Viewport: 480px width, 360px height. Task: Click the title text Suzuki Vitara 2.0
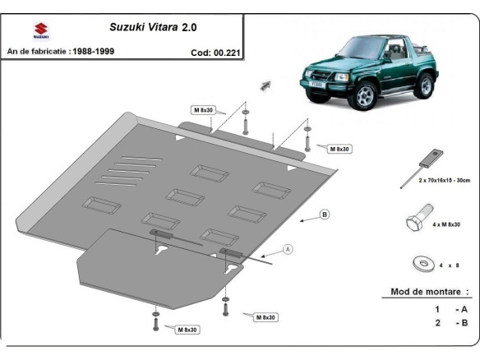coord(153,26)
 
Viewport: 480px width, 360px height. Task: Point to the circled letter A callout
coord(288,248)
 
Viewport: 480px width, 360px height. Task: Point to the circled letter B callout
coord(325,215)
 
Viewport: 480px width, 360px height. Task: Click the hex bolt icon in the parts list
coord(418,222)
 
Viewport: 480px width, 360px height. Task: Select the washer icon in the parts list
coord(422,263)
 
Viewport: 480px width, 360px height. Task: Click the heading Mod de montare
coord(425,292)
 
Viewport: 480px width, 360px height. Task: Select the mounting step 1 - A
coord(450,309)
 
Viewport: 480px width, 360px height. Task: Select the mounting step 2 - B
coord(450,323)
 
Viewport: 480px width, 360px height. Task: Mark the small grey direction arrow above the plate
coord(265,85)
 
